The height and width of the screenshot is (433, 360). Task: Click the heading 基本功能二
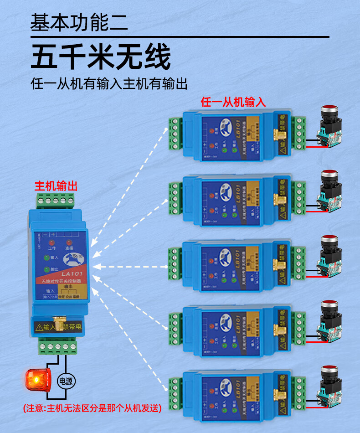[x=79, y=22]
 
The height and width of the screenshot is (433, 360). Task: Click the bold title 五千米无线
[x=101, y=57]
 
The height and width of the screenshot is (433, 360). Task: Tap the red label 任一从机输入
[x=233, y=102]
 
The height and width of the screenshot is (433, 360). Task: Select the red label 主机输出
[x=56, y=186]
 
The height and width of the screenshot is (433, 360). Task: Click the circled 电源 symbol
[x=66, y=381]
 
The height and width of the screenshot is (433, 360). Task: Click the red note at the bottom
[x=93, y=408]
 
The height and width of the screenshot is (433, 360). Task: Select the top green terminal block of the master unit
[x=56, y=200]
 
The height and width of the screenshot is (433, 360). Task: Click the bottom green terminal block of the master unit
[x=57, y=347]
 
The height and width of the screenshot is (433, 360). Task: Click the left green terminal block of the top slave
[x=175, y=133]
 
